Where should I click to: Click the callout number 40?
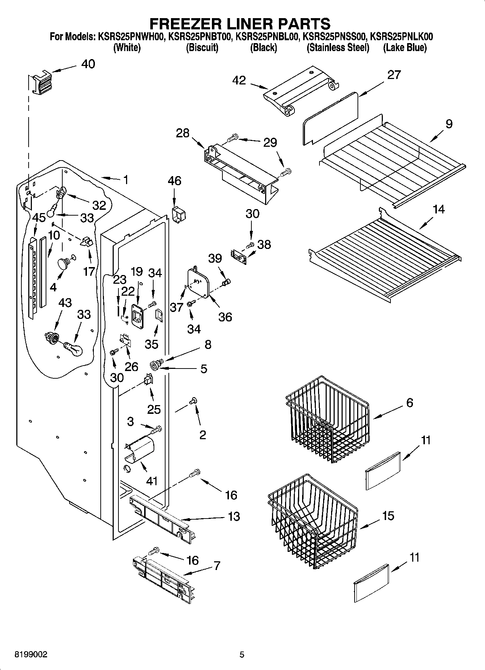click(88, 64)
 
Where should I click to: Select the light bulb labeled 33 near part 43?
click(74, 349)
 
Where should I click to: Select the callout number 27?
click(394, 75)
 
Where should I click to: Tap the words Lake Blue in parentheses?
click(405, 47)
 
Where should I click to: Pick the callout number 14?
click(439, 209)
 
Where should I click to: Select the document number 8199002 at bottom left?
click(30, 655)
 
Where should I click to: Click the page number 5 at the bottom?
click(242, 655)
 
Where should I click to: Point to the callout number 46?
click(174, 180)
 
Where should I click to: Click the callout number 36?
click(225, 317)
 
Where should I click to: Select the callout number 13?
click(234, 516)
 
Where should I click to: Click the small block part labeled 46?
click(178, 215)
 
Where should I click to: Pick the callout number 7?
click(217, 566)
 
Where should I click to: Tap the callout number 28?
click(183, 133)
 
